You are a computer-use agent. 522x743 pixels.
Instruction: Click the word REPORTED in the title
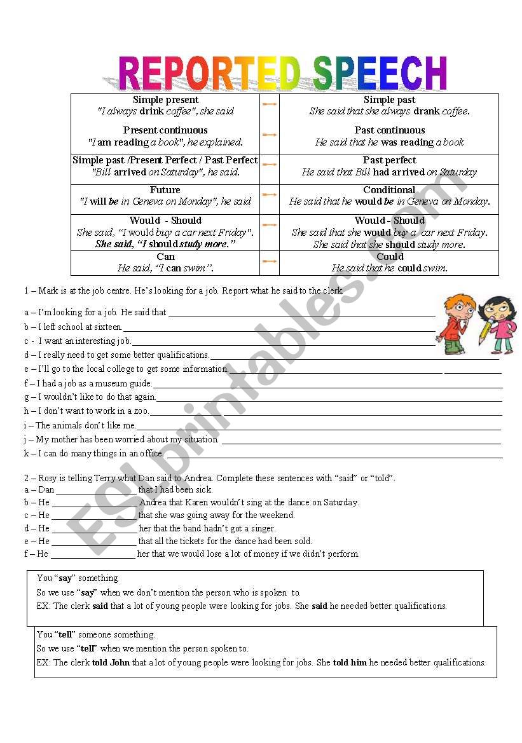(209, 73)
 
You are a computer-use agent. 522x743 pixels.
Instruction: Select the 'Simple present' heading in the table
(165, 100)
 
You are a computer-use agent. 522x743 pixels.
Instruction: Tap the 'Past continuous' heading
(390, 130)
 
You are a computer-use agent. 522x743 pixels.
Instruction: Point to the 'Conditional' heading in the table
(389, 190)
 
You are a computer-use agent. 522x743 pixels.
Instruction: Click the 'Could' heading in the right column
(390, 257)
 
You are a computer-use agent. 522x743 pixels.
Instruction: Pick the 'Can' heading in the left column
(165, 257)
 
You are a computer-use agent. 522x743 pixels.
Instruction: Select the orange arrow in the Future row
(270, 194)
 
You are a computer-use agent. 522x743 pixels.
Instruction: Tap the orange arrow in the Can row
(270, 261)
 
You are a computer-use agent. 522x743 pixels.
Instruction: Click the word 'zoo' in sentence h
(141, 411)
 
